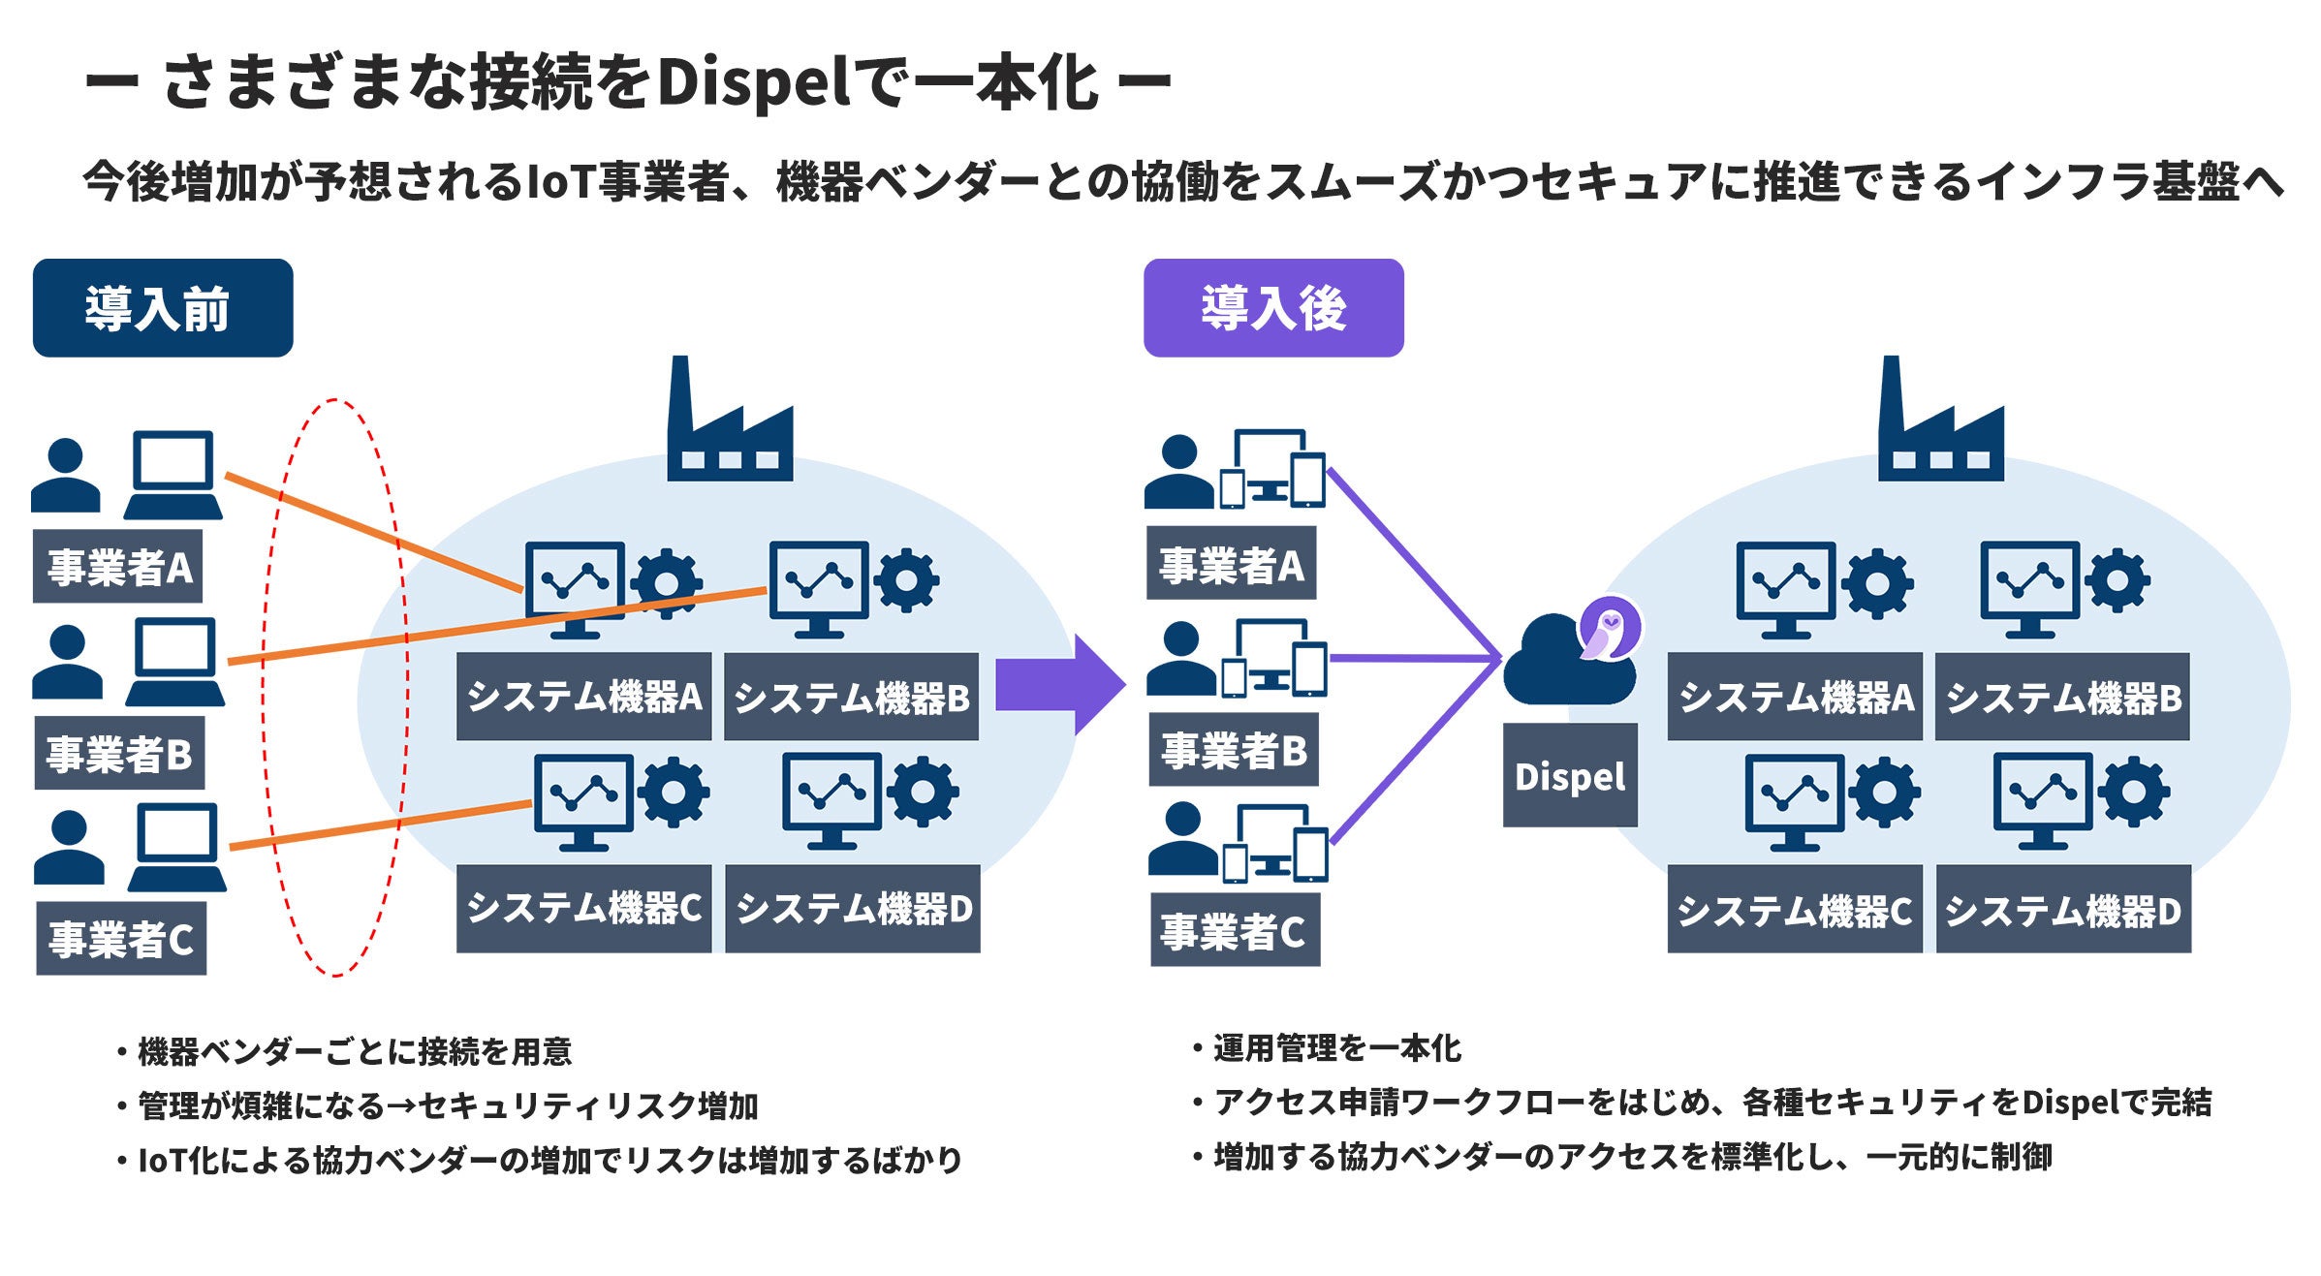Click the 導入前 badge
[163, 308]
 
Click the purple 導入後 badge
[1272, 308]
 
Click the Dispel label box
[1569, 776]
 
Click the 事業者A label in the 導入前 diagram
[118, 567]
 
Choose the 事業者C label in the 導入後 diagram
[1234, 931]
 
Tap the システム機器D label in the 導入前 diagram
[853, 909]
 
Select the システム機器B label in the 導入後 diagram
[2062, 698]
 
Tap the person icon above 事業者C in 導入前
[68, 848]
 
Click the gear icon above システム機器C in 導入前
[674, 793]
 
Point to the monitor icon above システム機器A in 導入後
[1785, 589]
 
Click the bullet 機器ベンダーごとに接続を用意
[354, 1051]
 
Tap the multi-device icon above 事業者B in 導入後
[1273, 659]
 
